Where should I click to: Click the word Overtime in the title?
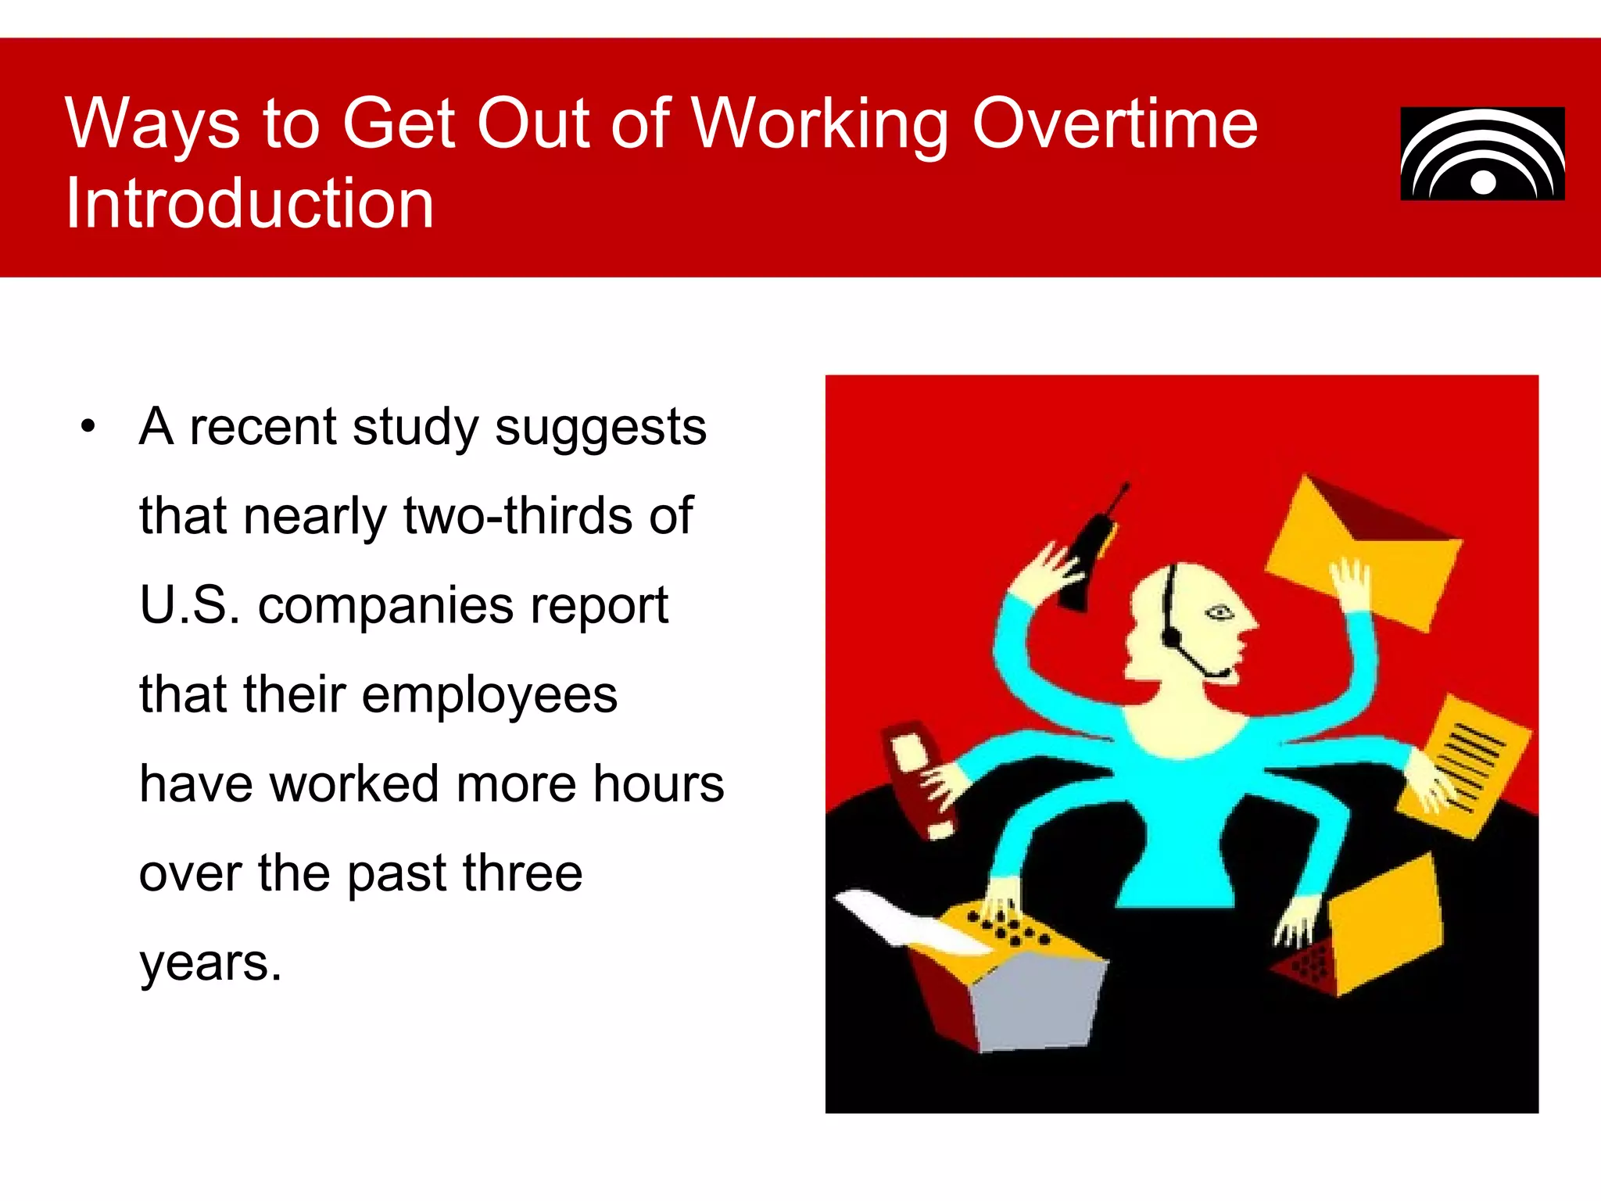[x=1114, y=124]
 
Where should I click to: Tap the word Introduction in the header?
[x=249, y=203]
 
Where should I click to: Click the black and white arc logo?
[x=1482, y=154]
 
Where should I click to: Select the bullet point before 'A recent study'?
[x=88, y=427]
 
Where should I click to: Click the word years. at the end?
[x=210, y=963]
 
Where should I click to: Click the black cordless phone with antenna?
[x=1089, y=555]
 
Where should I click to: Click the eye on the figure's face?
[x=1219, y=612]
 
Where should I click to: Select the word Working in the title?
[x=821, y=124]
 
